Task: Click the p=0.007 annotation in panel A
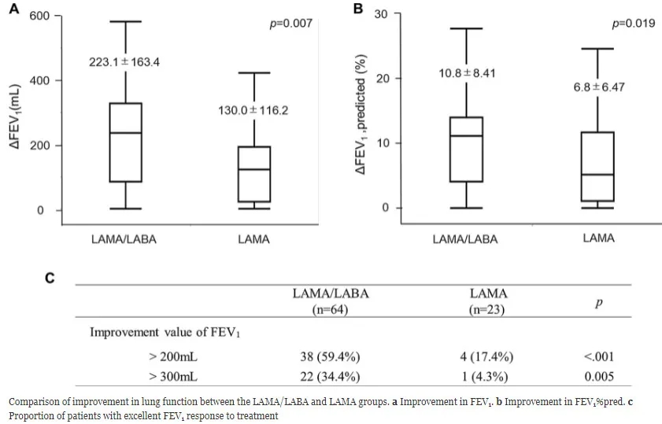tap(290, 24)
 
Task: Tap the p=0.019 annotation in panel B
tap(633, 24)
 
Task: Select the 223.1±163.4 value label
tap(124, 62)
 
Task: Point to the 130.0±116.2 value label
tap(253, 111)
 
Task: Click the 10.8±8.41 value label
tap(467, 74)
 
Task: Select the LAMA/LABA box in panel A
tap(125, 142)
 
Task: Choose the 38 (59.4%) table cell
tap(331, 356)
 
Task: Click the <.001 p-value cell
tap(598, 356)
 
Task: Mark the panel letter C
tap(50, 278)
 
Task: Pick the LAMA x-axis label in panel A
tap(253, 239)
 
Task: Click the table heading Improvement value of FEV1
tap(165, 332)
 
